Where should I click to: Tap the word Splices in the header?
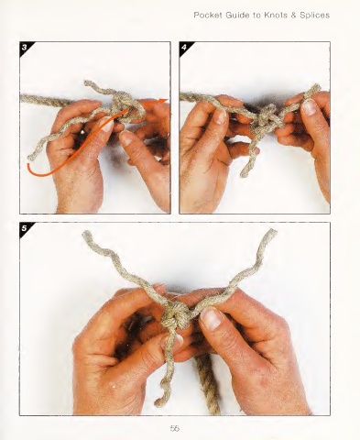(314, 15)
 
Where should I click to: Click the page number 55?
(175, 428)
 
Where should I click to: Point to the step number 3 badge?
(26, 48)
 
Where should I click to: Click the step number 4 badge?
(185, 48)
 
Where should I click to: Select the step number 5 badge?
(26, 228)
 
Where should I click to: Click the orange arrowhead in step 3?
(164, 101)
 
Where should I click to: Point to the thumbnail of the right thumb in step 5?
(211, 318)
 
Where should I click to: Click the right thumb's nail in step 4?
(310, 107)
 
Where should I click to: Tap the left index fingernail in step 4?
(220, 116)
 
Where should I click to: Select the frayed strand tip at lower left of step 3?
(30, 158)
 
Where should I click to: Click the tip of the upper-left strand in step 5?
(87, 234)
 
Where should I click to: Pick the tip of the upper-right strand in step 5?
(272, 232)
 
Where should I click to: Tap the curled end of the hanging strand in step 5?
(159, 402)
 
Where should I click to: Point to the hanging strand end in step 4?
(245, 174)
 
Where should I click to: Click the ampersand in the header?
(294, 15)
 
